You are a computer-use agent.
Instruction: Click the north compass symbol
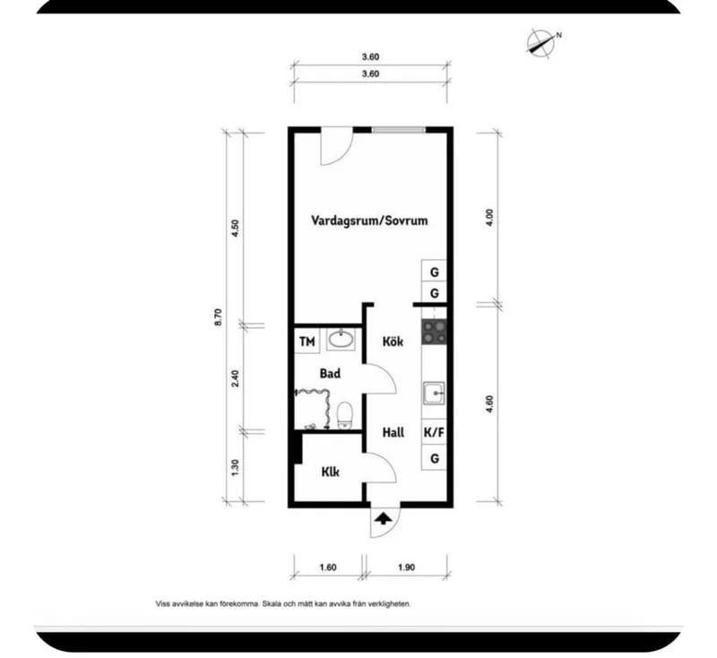(542, 44)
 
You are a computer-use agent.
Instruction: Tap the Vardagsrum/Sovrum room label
(369, 221)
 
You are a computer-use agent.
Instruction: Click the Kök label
(393, 342)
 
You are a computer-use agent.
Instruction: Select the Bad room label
(330, 374)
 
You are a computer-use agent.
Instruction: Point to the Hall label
(393, 433)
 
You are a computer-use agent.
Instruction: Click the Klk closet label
(330, 472)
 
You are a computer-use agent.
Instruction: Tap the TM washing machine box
(307, 342)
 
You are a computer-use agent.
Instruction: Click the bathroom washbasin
(341, 339)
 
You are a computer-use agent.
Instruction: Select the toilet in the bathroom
(345, 415)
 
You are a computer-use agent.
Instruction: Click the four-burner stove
(434, 332)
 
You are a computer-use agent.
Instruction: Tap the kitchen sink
(434, 394)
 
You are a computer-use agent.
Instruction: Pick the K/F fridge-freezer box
(434, 433)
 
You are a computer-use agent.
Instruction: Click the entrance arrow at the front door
(384, 518)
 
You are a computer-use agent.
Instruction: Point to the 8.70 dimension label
(218, 316)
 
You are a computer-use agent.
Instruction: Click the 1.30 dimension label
(235, 467)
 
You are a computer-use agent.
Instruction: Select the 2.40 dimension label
(235, 378)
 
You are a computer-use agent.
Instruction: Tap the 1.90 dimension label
(406, 567)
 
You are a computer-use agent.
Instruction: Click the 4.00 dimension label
(489, 218)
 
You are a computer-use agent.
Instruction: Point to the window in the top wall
(399, 130)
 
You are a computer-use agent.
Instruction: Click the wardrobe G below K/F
(434, 458)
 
